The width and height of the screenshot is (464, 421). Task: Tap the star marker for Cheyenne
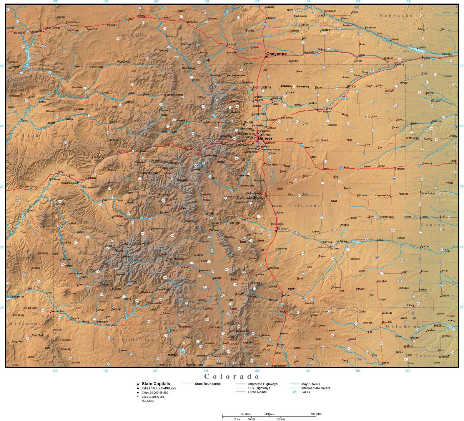click(x=266, y=56)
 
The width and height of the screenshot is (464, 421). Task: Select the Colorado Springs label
click(x=250, y=198)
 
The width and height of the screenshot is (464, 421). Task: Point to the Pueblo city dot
click(x=277, y=231)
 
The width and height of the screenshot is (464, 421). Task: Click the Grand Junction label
click(x=70, y=183)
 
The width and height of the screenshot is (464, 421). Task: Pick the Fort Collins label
click(x=262, y=87)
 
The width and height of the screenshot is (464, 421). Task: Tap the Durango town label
click(x=116, y=289)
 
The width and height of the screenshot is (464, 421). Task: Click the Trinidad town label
click(x=285, y=295)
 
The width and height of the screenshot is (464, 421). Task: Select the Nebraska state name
click(x=396, y=16)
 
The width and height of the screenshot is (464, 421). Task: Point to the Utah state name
click(x=30, y=136)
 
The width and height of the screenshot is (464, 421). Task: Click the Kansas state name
click(x=432, y=225)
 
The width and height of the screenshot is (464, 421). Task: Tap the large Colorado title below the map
click(x=232, y=376)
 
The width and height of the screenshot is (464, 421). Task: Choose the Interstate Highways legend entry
click(x=262, y=384)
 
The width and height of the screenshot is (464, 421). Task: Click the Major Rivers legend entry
click(x=310, y=384)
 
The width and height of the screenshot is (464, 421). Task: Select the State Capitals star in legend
click(x=138, y=384)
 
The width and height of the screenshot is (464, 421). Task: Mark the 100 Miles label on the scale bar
click(x=316, y=414)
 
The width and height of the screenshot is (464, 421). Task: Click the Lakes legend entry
click(x=305, y=392)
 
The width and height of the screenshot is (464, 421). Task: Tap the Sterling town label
click(x=351, y=86)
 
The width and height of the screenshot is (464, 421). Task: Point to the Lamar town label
click(x=380, y=240)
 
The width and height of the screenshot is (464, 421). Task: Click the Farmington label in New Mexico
click(x=102, y=322)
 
